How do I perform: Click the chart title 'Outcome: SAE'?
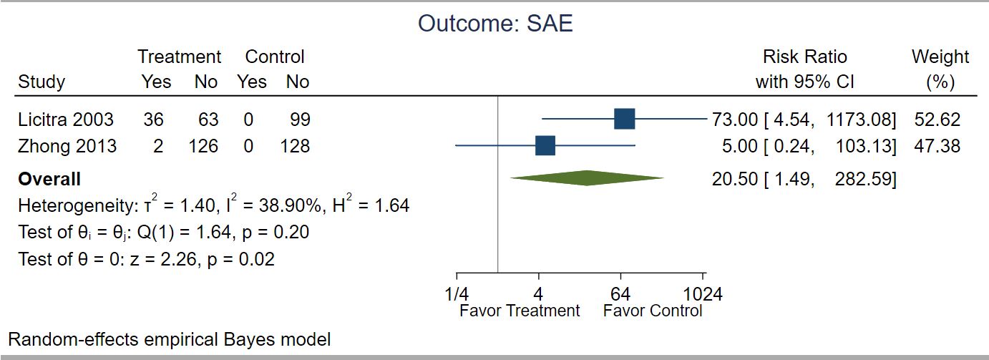pyautogui.click(x=495, y=24)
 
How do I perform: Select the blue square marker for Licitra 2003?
pyautogui.click(x=624, y=119)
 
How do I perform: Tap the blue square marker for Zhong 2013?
pyautogui.click(x=545, y=145)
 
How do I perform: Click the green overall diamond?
pyautogui.click(x=587, y=178)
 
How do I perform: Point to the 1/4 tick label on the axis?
pyautogui.click(x=457, y=294)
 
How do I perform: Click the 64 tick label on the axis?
pyautogui.click(x=620, y=294)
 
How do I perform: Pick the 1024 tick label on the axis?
pyautogui.click(x=703, y=294)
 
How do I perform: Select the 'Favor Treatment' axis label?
pyautogui.click(x=520, y=311)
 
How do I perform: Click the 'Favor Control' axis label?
pyautogui.click(x=653, y=311)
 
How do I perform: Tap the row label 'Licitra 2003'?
pyautogui.click(x=66, y=120)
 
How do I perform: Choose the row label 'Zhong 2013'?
pyautogui.click(x=67, y=146)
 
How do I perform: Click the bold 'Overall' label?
pyautogui.click(x=49, y=180)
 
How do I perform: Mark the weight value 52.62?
pyautogui.click(x=937, y=120)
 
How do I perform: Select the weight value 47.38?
pyautogui.click(x=937, y=146)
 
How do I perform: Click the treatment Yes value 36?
pyautogui.click(x=153, y=120)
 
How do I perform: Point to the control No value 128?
pyautogui.click(x=295, y=146)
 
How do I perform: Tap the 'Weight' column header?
pyautogui.click(x=940, y=57)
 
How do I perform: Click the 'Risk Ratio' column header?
pyautogui.click(x=805, y=57)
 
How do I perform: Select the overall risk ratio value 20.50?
pyautogui.click(x=735, y=180)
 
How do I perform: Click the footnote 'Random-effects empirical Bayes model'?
pyautogui.click(x=170, y=340)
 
